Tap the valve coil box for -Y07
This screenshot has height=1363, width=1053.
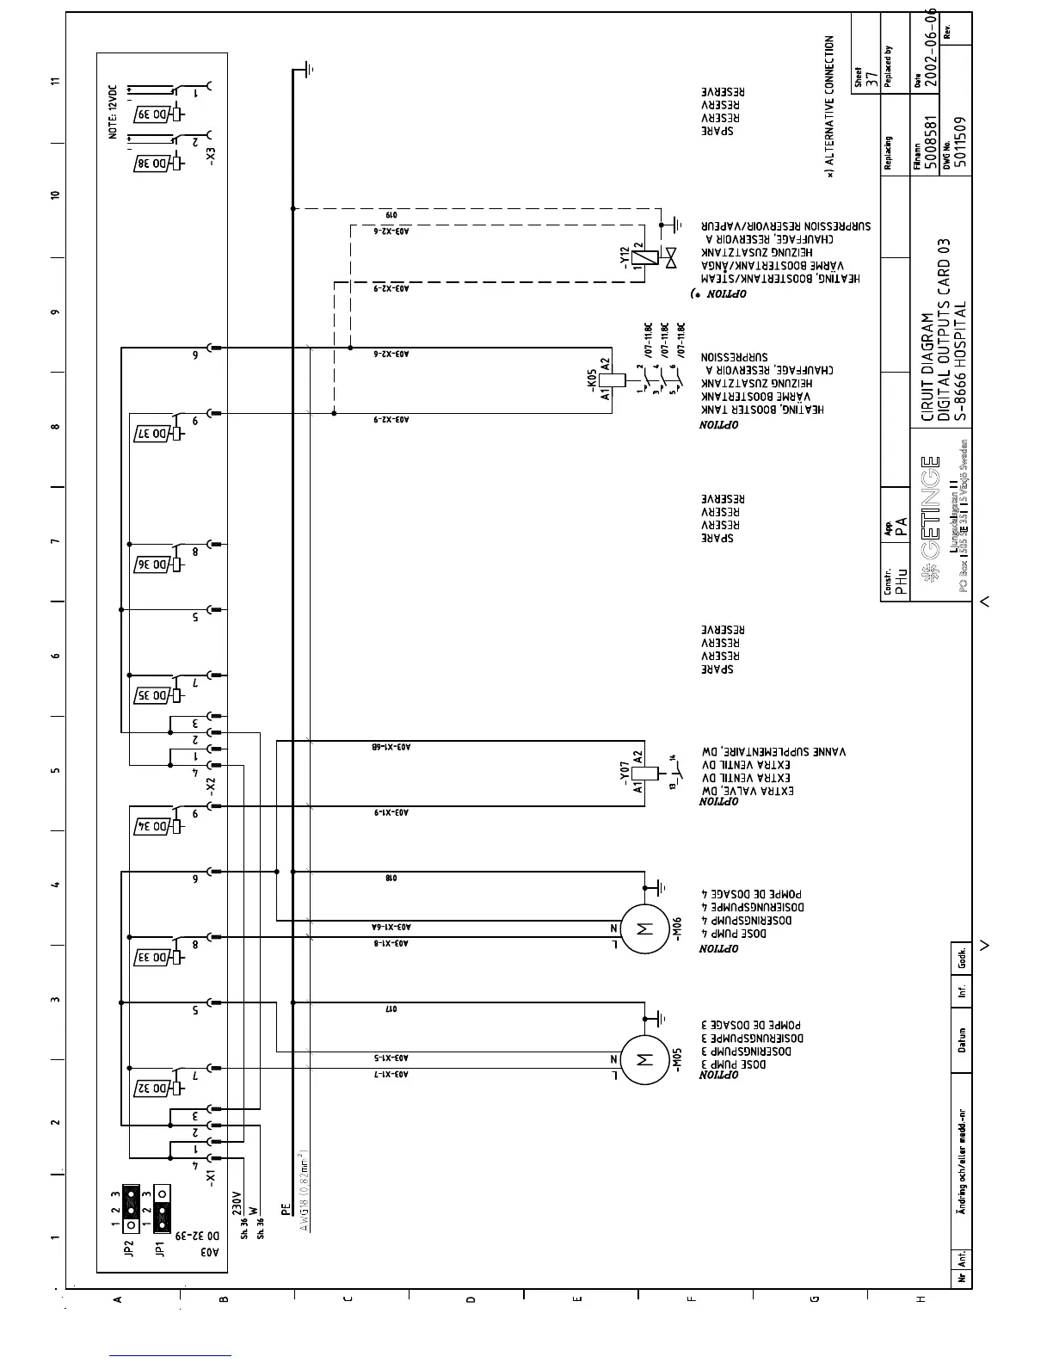[x=637, y=771]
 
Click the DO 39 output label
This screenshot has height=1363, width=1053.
[x=155, y=115]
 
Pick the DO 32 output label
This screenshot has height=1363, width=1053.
[x=155, y=1087]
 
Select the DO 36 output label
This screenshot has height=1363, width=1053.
[x=155, y=564]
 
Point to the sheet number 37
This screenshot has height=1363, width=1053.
[x=872, y=80]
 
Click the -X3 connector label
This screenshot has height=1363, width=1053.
[x=212, y=156]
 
